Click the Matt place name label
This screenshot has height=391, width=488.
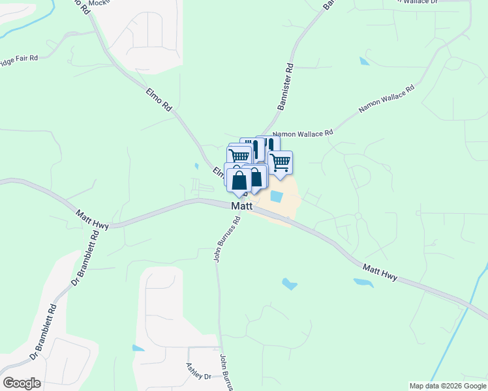coord(241,206)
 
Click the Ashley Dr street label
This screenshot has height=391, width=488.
coord(199,373)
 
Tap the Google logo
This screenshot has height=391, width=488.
coord(22,383)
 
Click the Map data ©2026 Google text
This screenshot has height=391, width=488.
coord(448,386)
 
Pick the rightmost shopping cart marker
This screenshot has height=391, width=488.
coord(280,162)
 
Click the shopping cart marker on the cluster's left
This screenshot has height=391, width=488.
coord(239,156)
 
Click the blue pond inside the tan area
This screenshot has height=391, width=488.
coord(276,195)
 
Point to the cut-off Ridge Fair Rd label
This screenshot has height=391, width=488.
coord(19,59)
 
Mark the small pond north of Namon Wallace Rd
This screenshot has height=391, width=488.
coord(363,61)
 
